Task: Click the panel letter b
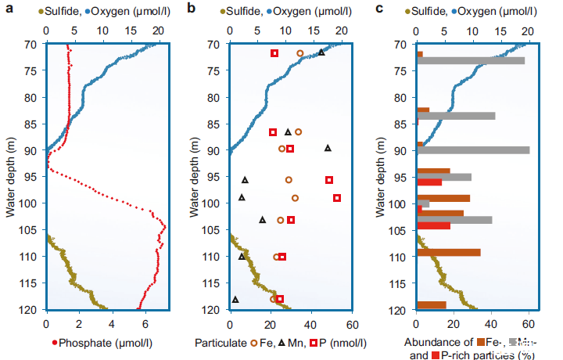pyautogui.click(x=192, y=9)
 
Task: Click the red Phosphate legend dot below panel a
pyautogui.click(x=54, y=341)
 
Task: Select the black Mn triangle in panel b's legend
pyautogui.click(x=301, y=342)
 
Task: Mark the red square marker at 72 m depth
pyautogui.click(x=274, y=53)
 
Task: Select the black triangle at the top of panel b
pyautogui.click(x=321, y=52)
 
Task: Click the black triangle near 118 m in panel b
pyautogui.click(x=235, y=299)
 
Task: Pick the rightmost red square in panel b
pyautogui.click(x=337, y=198)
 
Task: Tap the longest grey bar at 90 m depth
pyautogui.click(x=473, y=150)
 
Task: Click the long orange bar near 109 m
pyautogui.click(x=448, y=252)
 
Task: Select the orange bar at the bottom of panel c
pyautogui.click(x=431, y=305)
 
